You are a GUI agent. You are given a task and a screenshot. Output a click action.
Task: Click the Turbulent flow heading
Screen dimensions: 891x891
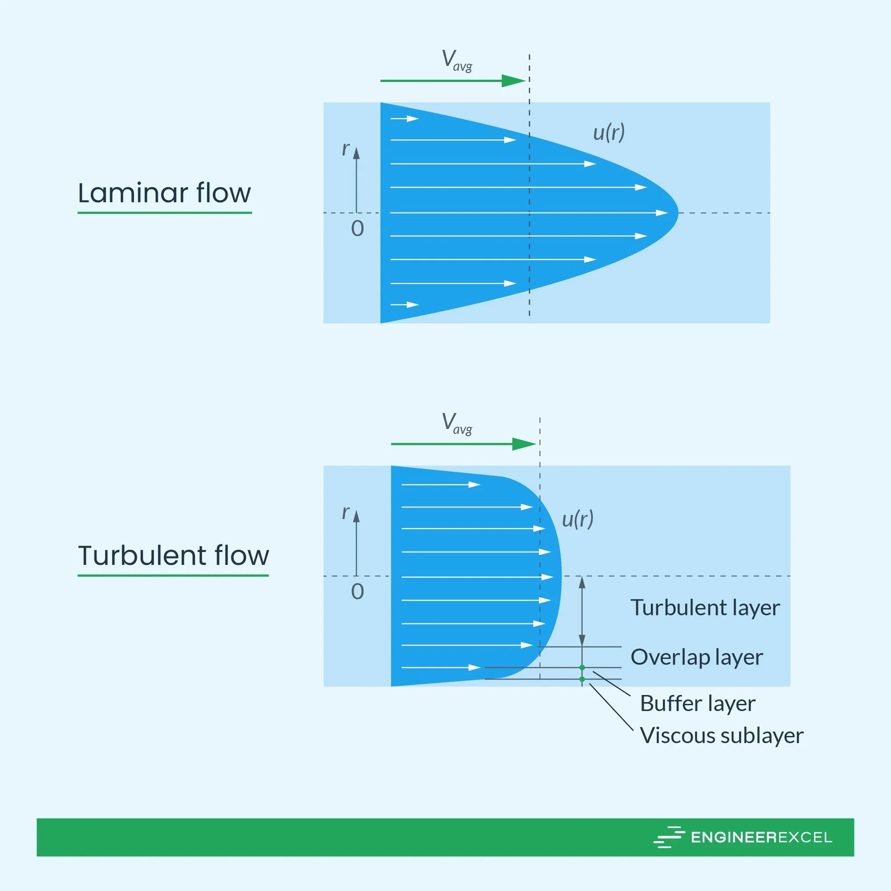pos(173,555)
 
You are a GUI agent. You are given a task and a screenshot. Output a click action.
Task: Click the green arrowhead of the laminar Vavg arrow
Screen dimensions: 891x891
pos(514,81)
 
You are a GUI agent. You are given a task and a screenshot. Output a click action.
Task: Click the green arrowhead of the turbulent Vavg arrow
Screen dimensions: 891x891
pos(524,444)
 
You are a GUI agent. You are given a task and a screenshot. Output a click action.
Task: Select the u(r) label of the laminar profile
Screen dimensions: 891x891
pos(609,133)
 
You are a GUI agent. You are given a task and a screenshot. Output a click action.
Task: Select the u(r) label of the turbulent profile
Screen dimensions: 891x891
pos(577,519)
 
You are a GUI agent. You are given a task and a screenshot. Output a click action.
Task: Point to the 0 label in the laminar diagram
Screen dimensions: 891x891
pos(357,229)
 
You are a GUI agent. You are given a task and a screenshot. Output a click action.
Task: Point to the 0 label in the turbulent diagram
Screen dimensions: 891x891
pos(357,592)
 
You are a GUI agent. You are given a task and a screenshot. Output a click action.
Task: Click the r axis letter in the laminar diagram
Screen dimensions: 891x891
pos(345,149)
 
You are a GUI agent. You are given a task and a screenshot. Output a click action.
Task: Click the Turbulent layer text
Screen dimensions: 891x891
pos(705,608)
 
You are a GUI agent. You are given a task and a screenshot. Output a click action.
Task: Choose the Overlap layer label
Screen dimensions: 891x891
pos(696,657)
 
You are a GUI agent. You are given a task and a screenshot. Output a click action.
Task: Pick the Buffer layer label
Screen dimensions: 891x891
pos(697,704)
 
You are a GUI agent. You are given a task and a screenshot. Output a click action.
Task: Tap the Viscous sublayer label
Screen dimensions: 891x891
pos(722,736)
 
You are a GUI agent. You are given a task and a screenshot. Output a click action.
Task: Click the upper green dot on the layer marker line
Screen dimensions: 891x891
pos(582,667)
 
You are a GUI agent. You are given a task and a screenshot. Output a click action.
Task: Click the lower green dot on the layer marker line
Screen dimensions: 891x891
pos(582,679)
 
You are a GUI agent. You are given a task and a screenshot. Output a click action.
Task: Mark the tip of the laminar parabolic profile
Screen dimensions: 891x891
pos(677,213)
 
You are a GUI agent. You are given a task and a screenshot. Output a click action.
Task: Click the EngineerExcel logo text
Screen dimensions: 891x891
pos(761,838)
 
